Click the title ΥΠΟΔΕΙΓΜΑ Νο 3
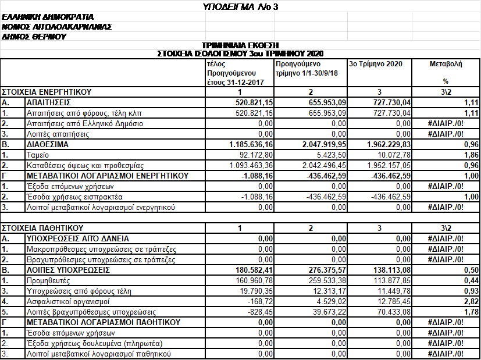[x=240, y=7]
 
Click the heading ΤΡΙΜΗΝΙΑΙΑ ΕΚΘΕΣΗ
[x=240, y=45]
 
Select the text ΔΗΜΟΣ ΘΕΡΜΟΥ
[x=34, y=36]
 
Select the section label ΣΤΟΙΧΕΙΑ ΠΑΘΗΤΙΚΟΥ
[x=43, y=227]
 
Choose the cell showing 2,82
[x=472, y=301]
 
